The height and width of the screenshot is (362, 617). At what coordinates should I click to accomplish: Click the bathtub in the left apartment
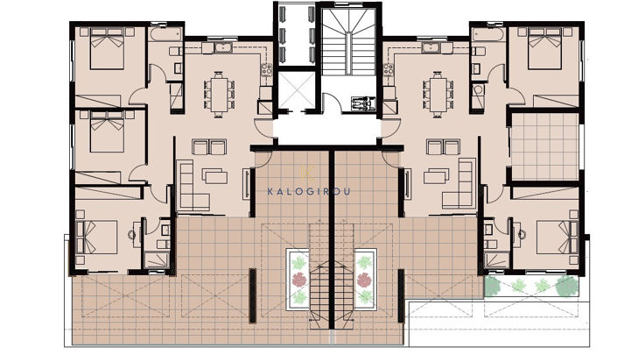[162, 34]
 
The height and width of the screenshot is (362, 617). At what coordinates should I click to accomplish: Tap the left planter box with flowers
[298, 280]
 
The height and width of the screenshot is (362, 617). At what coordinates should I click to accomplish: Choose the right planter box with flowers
[365, 279]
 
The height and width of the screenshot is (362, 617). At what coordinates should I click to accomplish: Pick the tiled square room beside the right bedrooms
[544, 146]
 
